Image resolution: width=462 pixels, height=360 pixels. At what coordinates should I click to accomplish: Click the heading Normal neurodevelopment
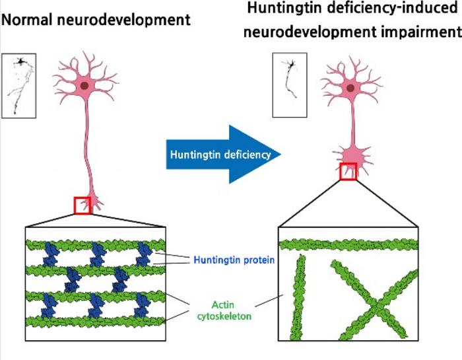point(96,20)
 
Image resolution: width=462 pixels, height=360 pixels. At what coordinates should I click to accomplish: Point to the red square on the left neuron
point(84,205)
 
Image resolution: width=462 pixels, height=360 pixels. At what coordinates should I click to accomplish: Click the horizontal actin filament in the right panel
point(348,245)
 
